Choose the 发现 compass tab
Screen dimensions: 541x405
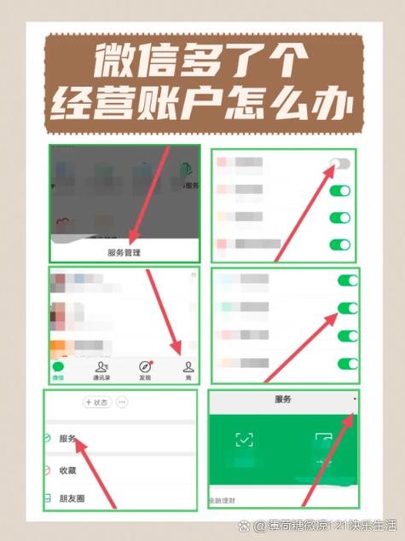coord(145,370)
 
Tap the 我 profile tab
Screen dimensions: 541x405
coord(188,370)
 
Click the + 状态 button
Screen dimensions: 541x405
coord(97,402)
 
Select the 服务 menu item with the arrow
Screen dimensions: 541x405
coord(67,439)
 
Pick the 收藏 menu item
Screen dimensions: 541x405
coord(67,469)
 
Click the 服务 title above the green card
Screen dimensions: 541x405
coord(282,399)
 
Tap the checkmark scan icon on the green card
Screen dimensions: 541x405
coord(245,440)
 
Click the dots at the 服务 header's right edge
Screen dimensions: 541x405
coord(354,399)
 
